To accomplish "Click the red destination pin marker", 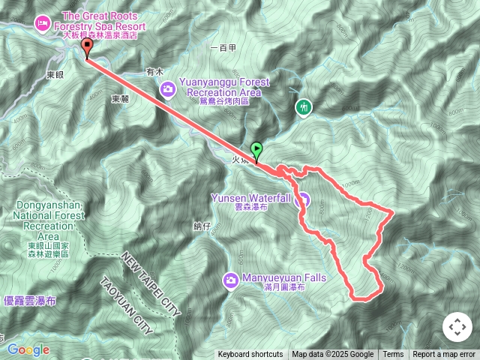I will click(x=86, y=48).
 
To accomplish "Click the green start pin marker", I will click(x=256, y=151).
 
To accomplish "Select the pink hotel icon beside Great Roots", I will click(x=42, y=23).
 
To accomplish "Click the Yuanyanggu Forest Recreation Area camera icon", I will click(x=167, y=88).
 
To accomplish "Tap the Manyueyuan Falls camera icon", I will click(x=231, y=280).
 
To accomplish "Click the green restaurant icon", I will click(x=303, y=107).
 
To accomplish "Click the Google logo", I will click(x=27, y=349).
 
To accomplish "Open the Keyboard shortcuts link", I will click(x=250, y=355).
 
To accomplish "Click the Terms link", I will click(x=393, y=355).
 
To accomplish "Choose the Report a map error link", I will click(x=444, y=355).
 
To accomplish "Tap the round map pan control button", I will click(x=457, y=327).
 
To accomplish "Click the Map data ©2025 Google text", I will click(x=332, y=355).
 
